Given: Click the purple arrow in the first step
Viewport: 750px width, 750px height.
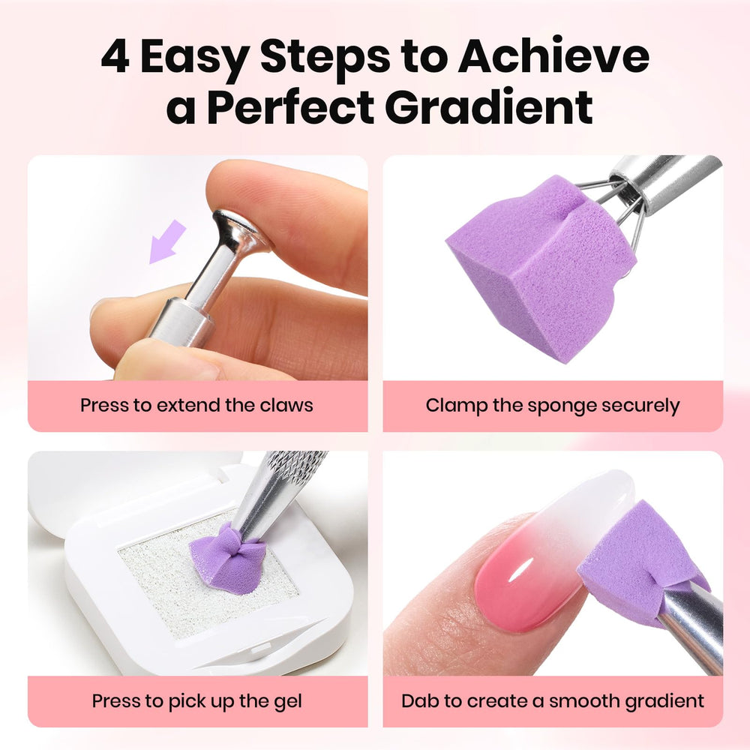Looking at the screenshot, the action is click(x=167, y=241).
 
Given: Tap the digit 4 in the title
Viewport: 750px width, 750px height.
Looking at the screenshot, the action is click(x=115, y=57).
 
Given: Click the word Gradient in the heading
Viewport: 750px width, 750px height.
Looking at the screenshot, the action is click(x=489, y=107).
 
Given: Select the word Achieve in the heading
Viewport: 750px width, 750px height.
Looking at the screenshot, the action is click(x=553, y=55).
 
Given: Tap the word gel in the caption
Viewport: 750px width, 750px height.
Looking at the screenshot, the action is click(x=288, y=702).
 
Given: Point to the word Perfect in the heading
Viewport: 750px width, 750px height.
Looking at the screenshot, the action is click(x=291, y=107).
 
